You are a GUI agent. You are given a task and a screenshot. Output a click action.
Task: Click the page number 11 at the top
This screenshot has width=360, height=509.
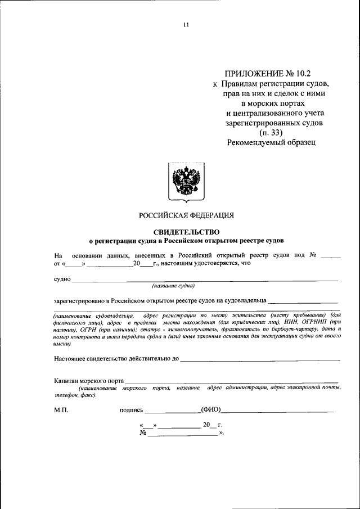[186, 25]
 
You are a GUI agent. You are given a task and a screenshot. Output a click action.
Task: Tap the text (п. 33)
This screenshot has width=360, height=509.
[272, 133]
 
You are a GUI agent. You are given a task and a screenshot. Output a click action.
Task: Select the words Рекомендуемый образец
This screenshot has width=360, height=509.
[272, 143]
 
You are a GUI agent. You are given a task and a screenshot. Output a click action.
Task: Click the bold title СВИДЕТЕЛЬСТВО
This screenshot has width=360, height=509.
[186, 232]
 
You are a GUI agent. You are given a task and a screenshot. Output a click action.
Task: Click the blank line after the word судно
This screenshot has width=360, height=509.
[205, 278]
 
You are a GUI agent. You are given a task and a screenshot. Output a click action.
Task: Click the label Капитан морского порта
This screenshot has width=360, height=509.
[89, 381]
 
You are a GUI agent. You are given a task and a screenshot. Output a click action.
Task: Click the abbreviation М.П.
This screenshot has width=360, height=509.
[61, 411]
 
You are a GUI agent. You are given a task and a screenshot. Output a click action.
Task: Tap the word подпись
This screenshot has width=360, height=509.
[132, 411]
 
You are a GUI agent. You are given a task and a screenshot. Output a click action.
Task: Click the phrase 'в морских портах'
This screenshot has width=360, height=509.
[273, 103]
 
